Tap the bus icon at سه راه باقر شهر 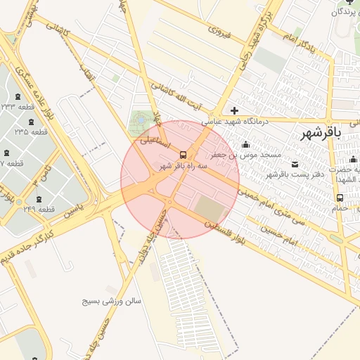[x=184, y=154]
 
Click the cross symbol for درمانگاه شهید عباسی [x=234, y=110]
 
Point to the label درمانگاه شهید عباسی [x=236, y=122]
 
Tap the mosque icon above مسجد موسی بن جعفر [x=245, y=144]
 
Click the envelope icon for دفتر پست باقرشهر [x=294, y=164]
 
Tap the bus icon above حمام [x=340, y=198]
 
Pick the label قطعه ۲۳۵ [x=31, y=131]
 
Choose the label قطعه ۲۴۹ [x=39, y=209]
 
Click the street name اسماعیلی [x=154, y=139]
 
